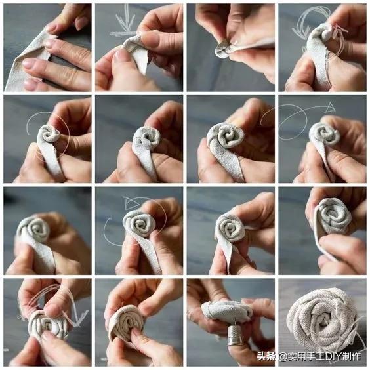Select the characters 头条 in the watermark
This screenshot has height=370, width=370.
click(266, 358)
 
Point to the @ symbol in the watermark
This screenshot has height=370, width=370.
click(281, 358)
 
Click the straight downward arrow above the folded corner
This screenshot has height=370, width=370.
click(125, 20)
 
